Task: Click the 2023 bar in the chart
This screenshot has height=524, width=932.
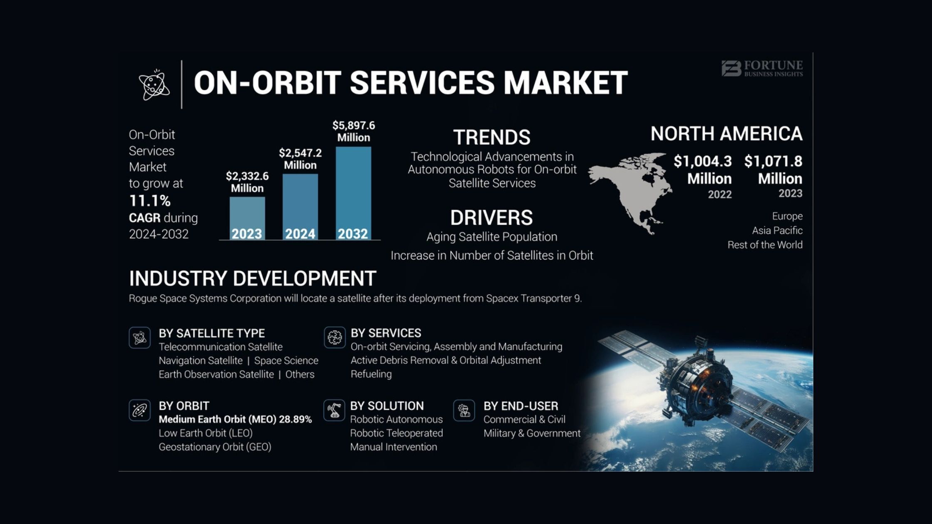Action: (247, 218)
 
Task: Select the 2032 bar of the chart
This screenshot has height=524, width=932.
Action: (353, 193)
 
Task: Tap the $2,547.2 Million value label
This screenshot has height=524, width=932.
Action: (300, 159)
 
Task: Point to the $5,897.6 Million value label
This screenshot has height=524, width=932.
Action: (354, 131)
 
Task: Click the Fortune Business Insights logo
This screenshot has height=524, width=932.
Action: (762, 69)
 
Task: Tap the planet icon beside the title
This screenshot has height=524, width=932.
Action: (154, 84)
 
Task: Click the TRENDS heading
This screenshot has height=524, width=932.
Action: (492, 137)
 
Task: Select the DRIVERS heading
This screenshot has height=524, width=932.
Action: (491, 217)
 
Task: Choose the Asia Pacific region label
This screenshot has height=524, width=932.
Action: (777, 230)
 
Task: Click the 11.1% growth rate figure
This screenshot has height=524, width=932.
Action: (150, 201)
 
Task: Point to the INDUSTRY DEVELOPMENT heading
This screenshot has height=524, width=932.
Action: (253, 278)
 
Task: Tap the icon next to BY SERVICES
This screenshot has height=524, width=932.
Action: (335, 337)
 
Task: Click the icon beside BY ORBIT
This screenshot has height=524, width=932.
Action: (140, 410)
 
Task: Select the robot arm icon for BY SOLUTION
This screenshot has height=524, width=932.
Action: (334, 410)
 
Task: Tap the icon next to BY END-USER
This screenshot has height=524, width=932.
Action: (464, 410)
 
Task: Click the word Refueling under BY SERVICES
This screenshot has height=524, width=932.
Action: (371, 374)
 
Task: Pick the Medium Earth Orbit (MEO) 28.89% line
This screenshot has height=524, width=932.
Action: (235, 419)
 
